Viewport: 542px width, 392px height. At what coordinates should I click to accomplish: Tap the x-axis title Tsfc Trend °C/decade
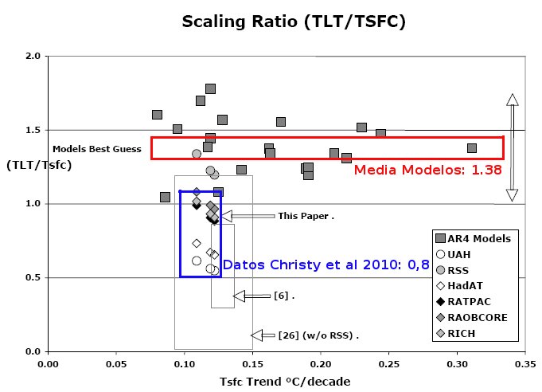[x=284, y=381]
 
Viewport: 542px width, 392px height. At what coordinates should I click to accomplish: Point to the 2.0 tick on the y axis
[x=34, y=57]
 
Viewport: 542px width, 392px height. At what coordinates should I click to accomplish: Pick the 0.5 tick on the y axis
[x=34, y=278]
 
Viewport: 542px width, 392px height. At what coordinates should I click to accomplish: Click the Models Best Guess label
[x=96, y=149]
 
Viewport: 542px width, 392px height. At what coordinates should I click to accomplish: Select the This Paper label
[x=305, y=216]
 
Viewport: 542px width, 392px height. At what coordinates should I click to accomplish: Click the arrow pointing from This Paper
[x=246, y=216]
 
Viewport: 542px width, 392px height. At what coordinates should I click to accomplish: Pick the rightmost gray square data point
[x=472, y=148]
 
